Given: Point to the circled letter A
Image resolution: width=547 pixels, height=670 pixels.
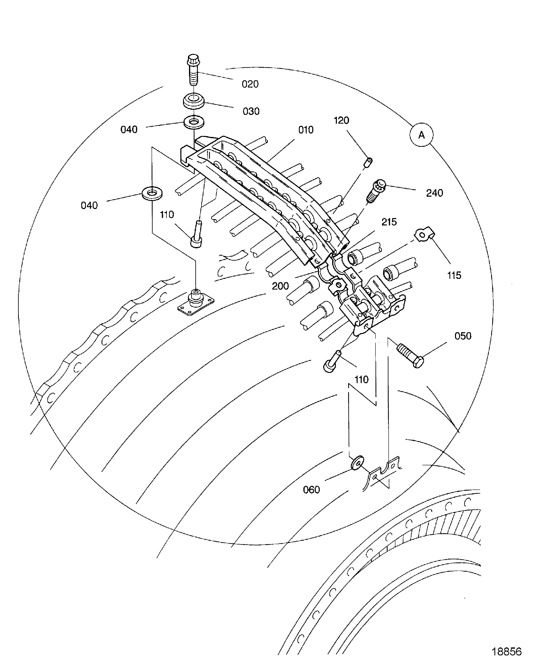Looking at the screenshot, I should [x=421, y=135].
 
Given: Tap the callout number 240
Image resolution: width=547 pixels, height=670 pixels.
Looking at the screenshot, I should [x=434, y=193].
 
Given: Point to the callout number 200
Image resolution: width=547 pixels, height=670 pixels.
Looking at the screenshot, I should [x=280, y=286].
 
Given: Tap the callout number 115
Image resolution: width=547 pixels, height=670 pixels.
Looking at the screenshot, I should [x=454, y=275].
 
